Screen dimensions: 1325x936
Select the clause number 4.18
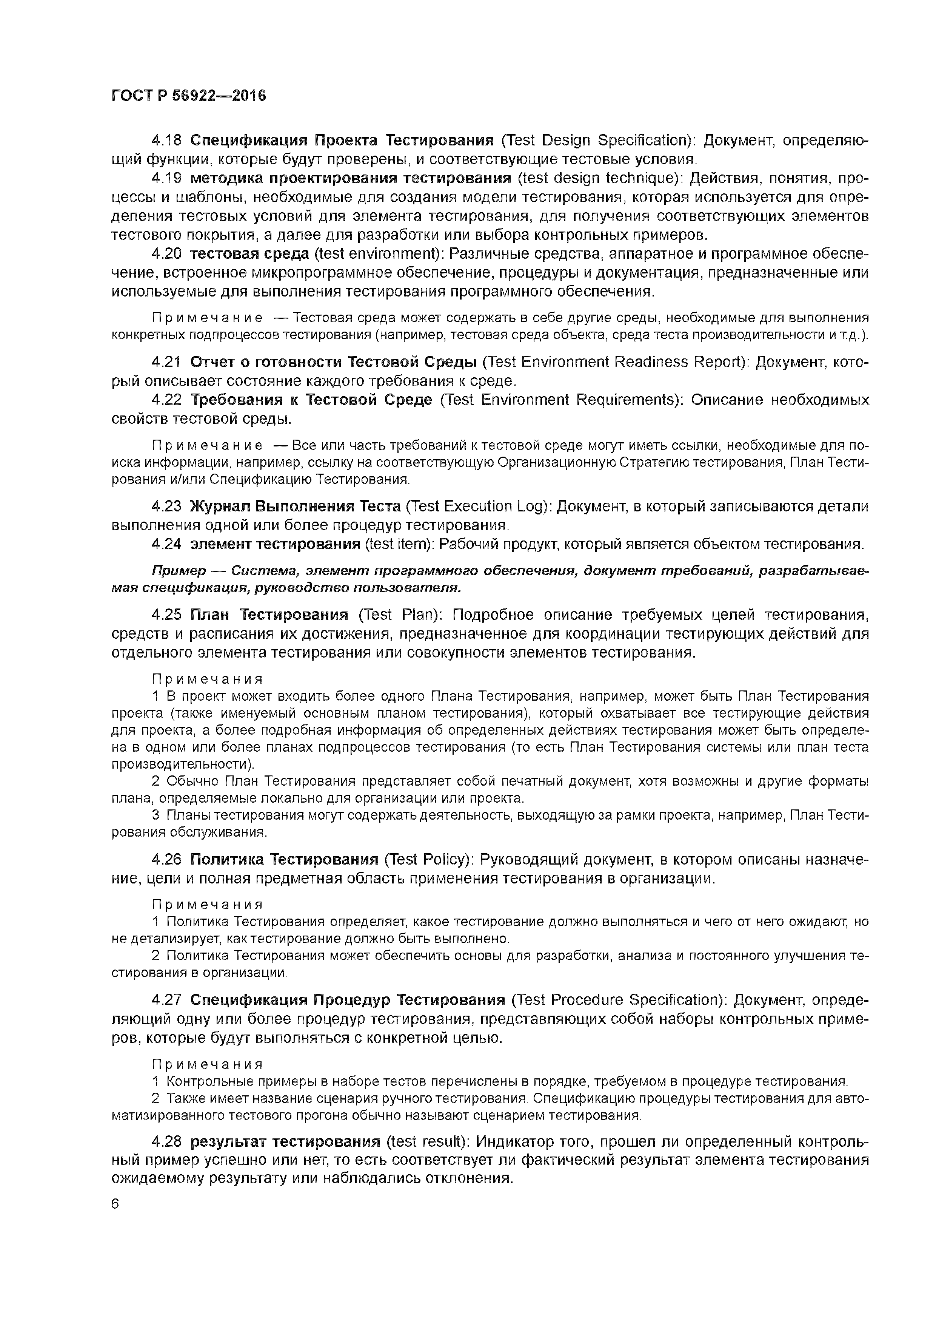(166, 140)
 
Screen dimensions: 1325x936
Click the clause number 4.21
(166, 362)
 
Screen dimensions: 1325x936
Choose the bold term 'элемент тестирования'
(275, 544)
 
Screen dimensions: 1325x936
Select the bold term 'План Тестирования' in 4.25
(269, 615)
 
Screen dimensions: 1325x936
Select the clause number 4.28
(166, 1141)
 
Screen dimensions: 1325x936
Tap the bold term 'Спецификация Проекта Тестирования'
(342, 140)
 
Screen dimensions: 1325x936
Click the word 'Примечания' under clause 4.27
(207, 1064)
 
